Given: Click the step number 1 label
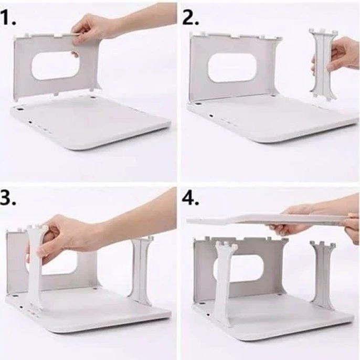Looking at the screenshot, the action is coord(8,17).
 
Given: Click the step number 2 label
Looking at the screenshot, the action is coord(190,17).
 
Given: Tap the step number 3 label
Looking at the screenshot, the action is coord(8,198).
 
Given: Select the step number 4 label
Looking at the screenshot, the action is coord(190,198).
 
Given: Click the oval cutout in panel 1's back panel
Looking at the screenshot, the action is coord(56,66).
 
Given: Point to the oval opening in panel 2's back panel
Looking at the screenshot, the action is coord(232,68).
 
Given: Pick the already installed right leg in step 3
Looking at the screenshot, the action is coord(140,271).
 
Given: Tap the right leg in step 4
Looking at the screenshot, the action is coord(323,276).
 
